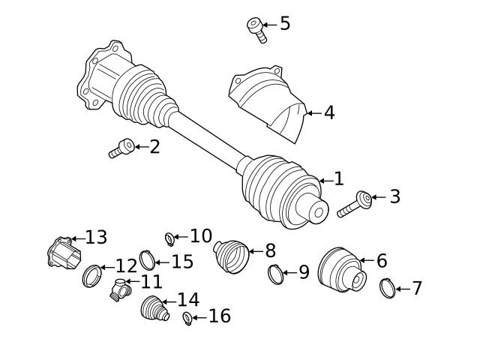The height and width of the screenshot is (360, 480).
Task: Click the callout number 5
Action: pyautogui.click(x=285, y=23)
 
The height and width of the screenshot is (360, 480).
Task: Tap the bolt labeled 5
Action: pyautogui.click(x=255, y=28)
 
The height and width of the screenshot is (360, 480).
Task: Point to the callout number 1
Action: pyautogui.click(x=338, y=178)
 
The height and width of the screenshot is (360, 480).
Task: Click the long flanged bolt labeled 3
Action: pyautogui.click(x=355, y=204)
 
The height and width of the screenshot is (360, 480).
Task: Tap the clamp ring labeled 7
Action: pyautogui.click(x=388, y=287)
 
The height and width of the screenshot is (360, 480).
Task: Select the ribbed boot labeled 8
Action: pyautogui.click(x=235, y=258)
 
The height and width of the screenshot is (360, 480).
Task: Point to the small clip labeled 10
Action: pyautogui.click(x=169, y=239)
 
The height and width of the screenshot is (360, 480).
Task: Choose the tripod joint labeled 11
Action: pyautogui.click(x=120, y=289)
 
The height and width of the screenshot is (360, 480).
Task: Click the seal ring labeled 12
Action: pyautogui.click(x=91, y=275)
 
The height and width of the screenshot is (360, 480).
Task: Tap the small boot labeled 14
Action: pyautogui.click(x=155, y=310)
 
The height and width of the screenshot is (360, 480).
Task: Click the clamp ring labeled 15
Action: pyautogui.click(x=148, y=261)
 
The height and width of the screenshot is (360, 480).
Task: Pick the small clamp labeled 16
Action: pyautogui.click(x=187, y=319)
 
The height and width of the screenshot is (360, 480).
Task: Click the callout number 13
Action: pyautogui.click(x=96, y=238)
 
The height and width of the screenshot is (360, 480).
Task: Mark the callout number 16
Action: pyautogui.click(x=219, y=316)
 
